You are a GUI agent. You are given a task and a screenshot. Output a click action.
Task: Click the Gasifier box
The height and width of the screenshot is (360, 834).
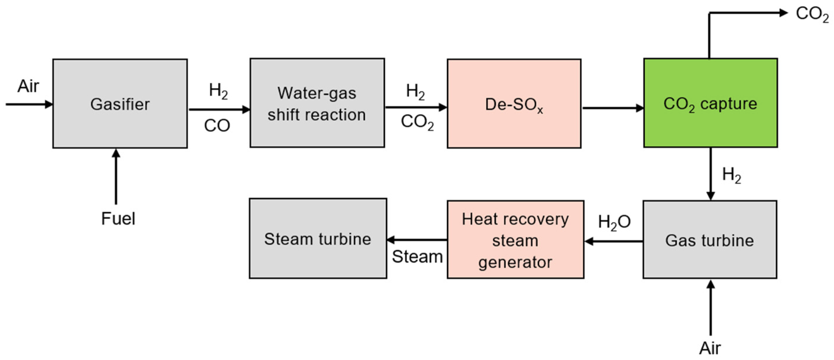pyautogui.click(x=120, y=103)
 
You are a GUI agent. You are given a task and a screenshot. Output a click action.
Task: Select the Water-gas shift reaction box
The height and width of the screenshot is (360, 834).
pyautogui.click(x=317, y=103)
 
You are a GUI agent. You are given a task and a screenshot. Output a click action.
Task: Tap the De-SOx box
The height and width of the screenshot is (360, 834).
pyautogui.click(x=514, y=103)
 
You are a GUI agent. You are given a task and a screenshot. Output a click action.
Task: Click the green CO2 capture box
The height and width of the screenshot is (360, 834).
pyautogui.click(x=710, y=103)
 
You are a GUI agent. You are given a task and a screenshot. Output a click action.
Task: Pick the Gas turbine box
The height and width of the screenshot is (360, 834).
pyautogui.click(x=710, y=240)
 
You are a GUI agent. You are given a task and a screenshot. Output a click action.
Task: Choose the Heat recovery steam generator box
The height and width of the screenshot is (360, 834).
pyautogui.click(x=515, y=240)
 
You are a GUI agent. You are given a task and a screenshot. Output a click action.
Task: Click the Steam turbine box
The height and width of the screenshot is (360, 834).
pyautogui.click(x=317, y=239)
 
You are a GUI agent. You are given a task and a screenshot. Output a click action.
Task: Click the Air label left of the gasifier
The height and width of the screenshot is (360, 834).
pyautogui.click(x=28, y=86)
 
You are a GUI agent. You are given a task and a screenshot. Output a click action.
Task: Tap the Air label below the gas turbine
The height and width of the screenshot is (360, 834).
pyautogui.click(x=710, y=348)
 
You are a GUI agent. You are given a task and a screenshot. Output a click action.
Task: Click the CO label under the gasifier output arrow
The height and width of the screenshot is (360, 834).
pyautogui.click(x=217, y=125)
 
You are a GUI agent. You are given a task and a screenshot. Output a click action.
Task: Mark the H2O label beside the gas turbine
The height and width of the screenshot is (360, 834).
pyautogui.click(x=614, y=223)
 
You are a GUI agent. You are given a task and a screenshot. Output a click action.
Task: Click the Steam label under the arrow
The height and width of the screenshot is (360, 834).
pyautogui.click(x=417, y=257)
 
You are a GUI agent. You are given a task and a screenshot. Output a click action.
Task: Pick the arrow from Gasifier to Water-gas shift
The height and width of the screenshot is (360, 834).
pyautogui.click(x=219, y=109)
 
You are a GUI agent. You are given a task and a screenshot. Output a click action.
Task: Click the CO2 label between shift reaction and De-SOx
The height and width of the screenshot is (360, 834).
pyautogui.click(x=417, y=123)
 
